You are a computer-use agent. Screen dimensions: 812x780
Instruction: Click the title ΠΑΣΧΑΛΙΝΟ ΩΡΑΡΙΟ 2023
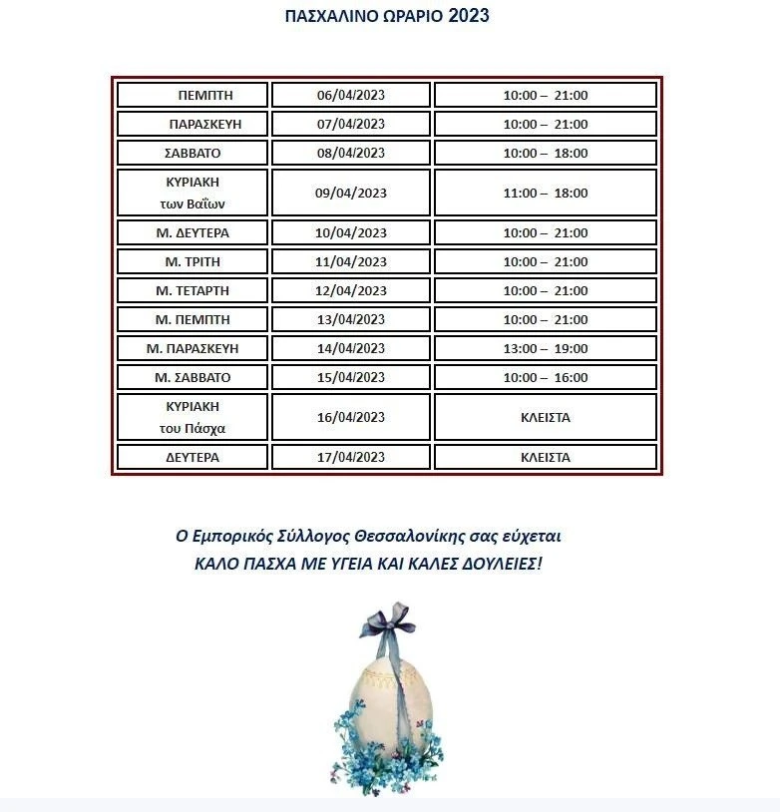[x=387, y=16]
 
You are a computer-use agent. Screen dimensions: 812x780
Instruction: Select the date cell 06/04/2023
[x=351, y=95]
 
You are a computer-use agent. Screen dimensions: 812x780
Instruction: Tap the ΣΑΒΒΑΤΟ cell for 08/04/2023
[x=193, y=153]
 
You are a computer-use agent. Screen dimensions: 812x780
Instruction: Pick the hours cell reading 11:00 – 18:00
[x=546, y=193]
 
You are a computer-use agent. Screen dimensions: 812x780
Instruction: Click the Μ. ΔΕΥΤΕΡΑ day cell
[x=193, y=232]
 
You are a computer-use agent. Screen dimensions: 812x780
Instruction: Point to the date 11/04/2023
[x=351, y=261]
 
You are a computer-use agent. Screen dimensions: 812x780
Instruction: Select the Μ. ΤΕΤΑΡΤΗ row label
[x=193, y=290]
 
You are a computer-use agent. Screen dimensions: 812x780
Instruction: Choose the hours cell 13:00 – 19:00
[x=546, y=348]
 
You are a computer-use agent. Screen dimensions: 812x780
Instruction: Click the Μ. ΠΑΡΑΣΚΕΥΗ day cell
[x=193, y=348]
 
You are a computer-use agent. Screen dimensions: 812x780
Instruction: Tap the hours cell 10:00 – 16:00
[x=546, y=377]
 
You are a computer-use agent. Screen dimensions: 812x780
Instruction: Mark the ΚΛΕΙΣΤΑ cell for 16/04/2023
[x=546, y=417]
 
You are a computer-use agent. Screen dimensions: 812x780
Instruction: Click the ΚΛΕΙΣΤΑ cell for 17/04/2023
[x=546, y=457]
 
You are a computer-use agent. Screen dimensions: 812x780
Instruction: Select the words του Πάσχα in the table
[x=193, y=428]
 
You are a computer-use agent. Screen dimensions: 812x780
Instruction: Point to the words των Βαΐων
[x=193, y=203]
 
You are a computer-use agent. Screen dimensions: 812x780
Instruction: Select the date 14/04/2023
[x=351, y=348]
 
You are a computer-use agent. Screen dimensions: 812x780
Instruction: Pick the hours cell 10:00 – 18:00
[x=546, y=153]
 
